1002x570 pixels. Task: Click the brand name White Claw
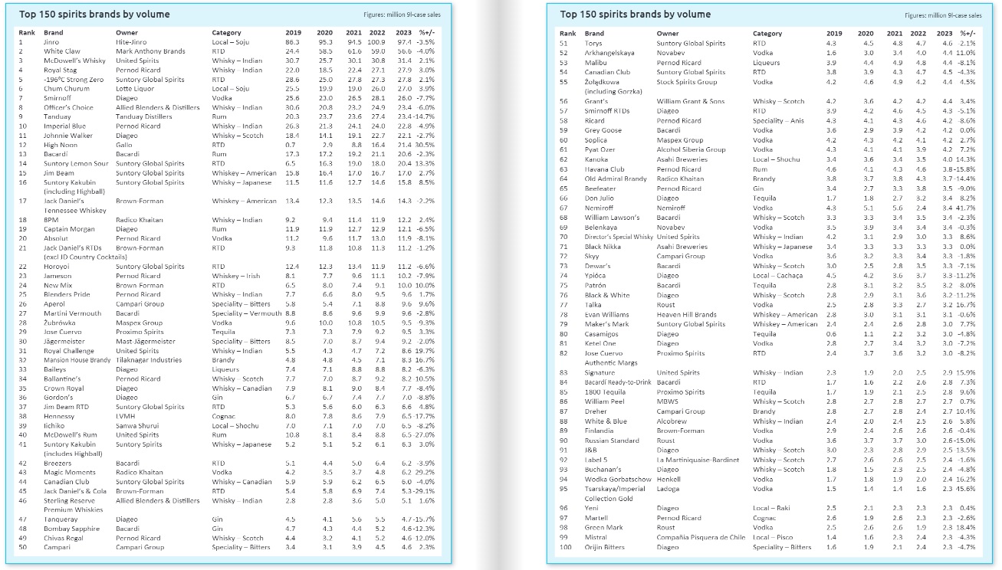[x=61, y=51]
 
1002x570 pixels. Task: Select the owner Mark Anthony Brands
[x=150, y=51]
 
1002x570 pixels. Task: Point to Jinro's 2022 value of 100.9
[x=376, y=42]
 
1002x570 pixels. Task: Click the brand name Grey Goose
[x=604, y=131]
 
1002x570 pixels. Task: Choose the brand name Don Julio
[x=600, y=198]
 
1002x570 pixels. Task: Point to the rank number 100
[x=567, y=547]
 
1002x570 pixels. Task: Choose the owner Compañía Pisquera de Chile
[x=701, y=538]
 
